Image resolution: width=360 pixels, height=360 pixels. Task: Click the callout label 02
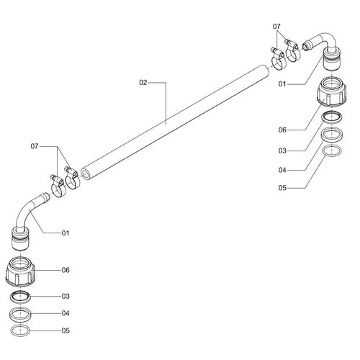[x=143, y=83]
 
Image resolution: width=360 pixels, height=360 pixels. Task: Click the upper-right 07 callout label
[x=276, y=27]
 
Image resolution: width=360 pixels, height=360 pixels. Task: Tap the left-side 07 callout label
[x=35, y=146]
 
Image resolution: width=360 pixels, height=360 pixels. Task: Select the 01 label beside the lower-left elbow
[x=66, y=233]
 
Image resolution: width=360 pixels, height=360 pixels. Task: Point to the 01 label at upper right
[x=282, y=84]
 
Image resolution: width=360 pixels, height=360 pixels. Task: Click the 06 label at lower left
[x=66, y=270]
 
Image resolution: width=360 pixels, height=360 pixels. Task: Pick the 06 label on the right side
[x=282, y=130]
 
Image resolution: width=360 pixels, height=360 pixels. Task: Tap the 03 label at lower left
[x=66, y=297]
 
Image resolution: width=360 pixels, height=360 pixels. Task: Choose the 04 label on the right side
[x=282, y=171]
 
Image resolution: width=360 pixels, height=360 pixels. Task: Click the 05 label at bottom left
[x=66, y=330]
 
